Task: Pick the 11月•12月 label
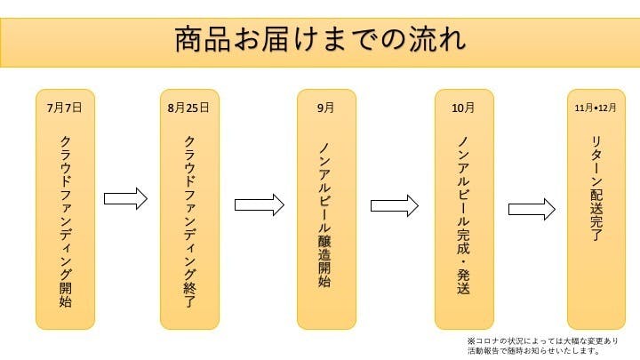pyautogui.click(x=595, y=108)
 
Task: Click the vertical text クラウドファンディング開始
pyautogui.click(x=66, y=220)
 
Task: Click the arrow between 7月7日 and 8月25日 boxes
pyautogui.click(x=125, y=198)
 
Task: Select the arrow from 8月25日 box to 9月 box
pyautogui.click(x=259, y=204)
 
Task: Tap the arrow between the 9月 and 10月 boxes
pyautogui.click(x=394, y=205)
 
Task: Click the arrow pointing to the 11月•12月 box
pyautogui.click(x=532, y=209)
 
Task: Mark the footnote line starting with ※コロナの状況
pyautogui.click(x=542, y=340)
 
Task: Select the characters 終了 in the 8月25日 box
pyautogui.click(x=189, y=292)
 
